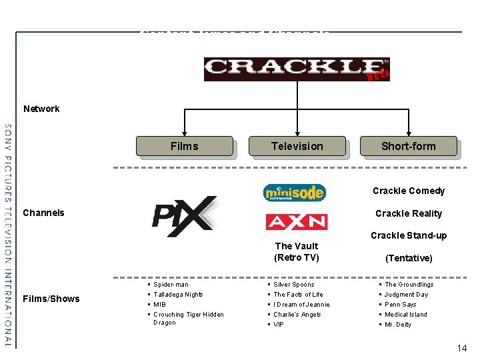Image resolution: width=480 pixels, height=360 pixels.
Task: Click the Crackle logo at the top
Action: click(x=296, y=69)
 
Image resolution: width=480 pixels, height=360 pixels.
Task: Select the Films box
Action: click(x=184, y=146)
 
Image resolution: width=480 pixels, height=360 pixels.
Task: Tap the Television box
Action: click(x=297, y=146)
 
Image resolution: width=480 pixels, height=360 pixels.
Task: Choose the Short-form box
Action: click(x=408, y=146)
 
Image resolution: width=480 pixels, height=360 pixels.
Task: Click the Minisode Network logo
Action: click(x=295, y=193)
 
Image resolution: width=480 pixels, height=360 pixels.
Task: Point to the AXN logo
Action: click(x=296, y=221)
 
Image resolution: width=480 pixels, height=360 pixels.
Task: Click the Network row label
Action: click(x=41, y=109)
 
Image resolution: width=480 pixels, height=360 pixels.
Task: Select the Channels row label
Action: click(x=44, y=213)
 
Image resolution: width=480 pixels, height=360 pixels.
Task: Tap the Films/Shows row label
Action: click(x=51, y=299)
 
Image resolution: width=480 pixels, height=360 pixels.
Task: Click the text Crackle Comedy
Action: click(x=409, y=191)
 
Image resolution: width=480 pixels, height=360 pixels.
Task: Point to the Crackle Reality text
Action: click(x=409, y=213)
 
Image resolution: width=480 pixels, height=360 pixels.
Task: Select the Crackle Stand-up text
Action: click(x=409, y=235)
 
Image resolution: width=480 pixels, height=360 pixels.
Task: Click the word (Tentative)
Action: click(x=409, y=258)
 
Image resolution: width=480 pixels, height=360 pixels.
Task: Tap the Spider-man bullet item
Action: click(x=171, y=285)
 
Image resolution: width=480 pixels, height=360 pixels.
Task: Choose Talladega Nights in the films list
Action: click(x=178, y=295)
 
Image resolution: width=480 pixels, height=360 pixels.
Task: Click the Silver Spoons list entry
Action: click(x=293, y=285)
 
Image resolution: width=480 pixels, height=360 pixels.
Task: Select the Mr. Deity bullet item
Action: click(x=398, y=325)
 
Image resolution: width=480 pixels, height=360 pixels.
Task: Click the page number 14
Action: click(x=462, y=348)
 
